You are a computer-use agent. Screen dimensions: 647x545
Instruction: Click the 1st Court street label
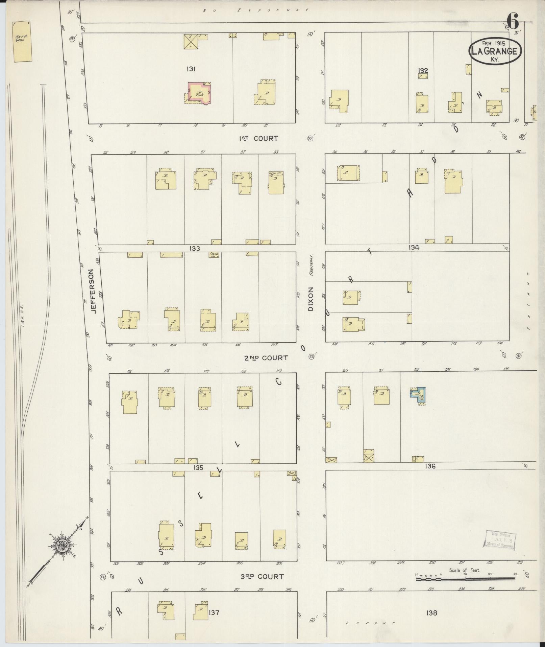click(x=258, y=138)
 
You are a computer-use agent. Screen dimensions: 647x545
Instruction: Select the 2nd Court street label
click(x=266, y=358)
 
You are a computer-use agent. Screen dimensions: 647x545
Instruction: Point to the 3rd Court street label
click(x=262, y=576)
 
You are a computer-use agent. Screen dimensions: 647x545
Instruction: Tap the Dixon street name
click(x=311, y=299)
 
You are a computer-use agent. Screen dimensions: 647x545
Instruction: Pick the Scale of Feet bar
click(x=465, y=579)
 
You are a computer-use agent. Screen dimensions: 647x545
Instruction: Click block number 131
click(x=191, y=69)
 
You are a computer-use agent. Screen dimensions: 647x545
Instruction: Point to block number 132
click(x=423, y=70)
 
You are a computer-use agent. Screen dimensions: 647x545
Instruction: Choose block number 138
click(x=431, y=612)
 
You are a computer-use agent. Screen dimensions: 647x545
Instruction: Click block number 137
click(x=214, y=612)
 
